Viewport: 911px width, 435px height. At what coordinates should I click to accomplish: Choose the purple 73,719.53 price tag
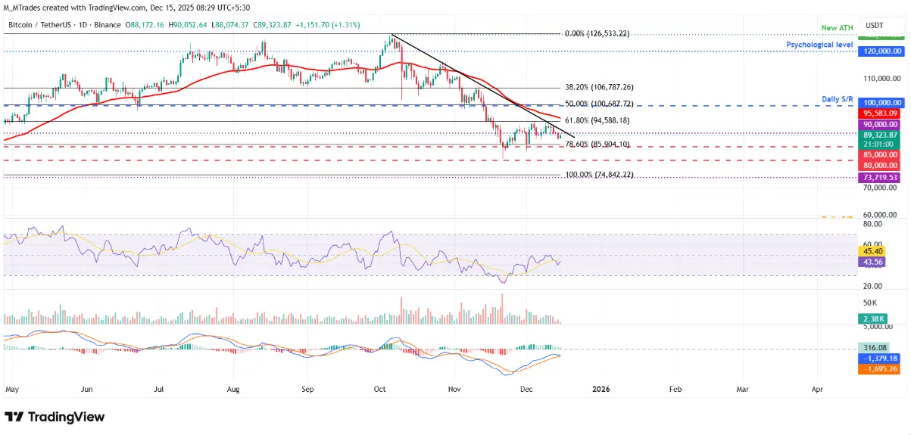pyautogui.click(x=878, y=177)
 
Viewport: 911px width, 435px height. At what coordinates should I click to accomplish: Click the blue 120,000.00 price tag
pyautogui.click(x=878, y=51)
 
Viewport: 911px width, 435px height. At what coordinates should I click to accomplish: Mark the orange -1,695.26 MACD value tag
pyautogui.click(x=878, y=369)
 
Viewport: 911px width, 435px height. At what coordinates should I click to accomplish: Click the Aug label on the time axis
pyautogui.click(x=233, y=390)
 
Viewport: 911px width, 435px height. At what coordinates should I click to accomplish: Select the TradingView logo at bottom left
pyautogui.click(x=55, y=417)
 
